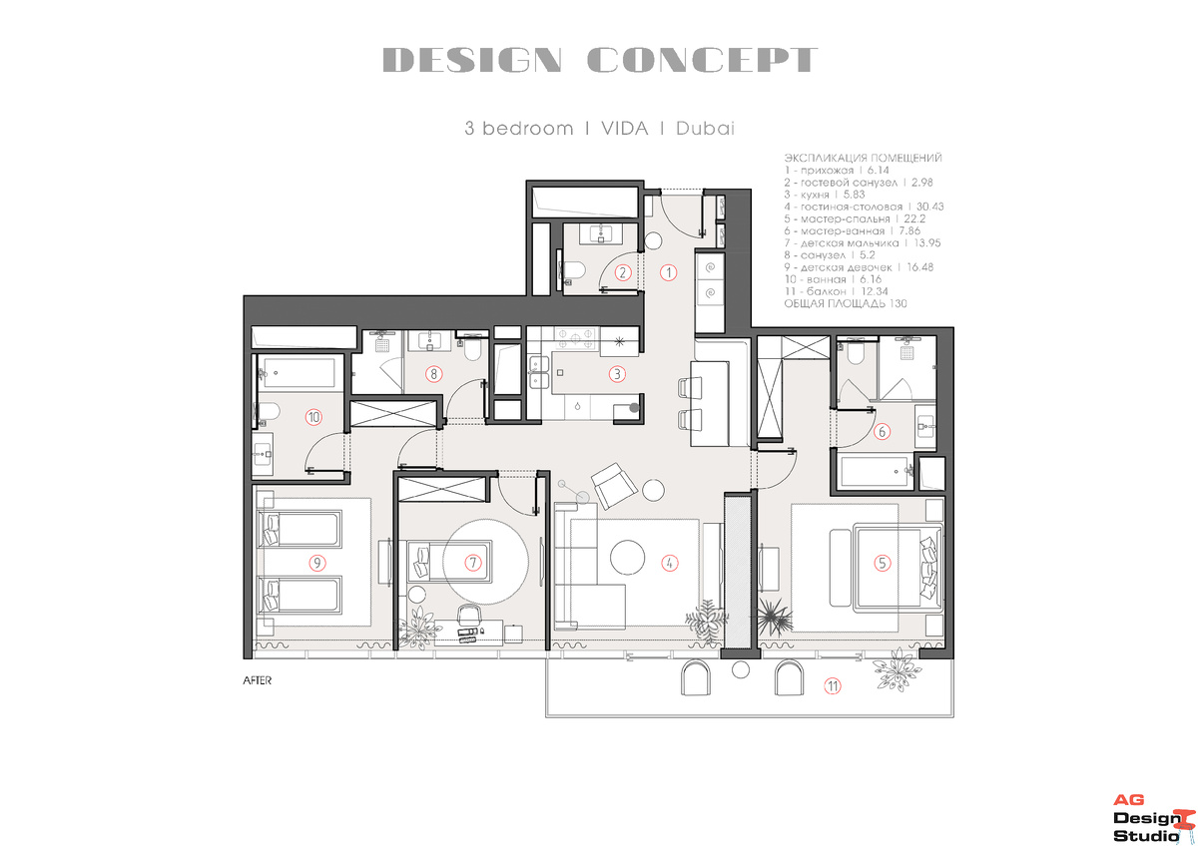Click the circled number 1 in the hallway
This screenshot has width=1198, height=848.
[668, 272]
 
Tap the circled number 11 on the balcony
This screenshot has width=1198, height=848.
[833, 686]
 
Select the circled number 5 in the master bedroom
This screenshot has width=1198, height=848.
[882, 563]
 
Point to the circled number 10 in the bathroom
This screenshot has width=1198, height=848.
[313, 417]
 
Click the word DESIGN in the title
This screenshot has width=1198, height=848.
[472, 60]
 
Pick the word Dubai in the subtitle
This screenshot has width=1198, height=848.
[705, 129]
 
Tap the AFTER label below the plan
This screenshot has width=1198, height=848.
[258, 680]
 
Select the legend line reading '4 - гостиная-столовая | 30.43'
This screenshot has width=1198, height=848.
[864, 207]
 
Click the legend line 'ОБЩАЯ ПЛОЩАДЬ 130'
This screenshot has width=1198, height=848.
[846, 303]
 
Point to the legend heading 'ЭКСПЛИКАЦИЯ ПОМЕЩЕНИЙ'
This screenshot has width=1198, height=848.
[863, 158]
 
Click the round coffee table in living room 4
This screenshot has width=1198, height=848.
[627, 557]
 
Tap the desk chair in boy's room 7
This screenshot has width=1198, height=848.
[469, 615]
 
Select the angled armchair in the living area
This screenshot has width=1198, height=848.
[614, 486]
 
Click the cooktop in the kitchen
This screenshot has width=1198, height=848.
[575, 338]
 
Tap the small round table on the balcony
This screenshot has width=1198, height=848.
[740, 669]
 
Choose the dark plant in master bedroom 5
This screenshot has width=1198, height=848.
[774, 618]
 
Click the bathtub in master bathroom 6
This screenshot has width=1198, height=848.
[877, 471]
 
